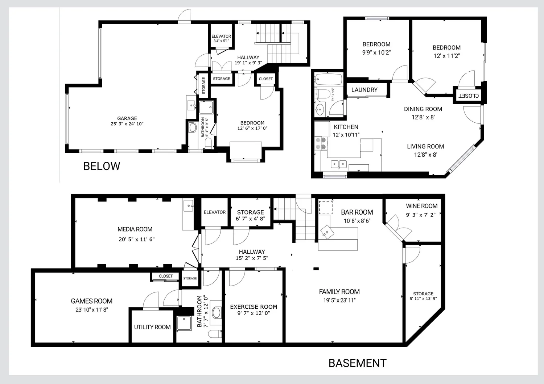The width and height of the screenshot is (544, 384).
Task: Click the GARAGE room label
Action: pos(127,118)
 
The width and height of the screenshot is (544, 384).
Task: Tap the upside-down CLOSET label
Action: pos(469,96)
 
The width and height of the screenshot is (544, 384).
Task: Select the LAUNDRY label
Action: pos(364,90)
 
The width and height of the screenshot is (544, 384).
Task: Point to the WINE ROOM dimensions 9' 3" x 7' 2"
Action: pos(421,215)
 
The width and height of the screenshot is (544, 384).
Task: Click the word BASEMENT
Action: pos(358,363)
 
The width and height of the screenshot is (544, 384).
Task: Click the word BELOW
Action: pos(102,166)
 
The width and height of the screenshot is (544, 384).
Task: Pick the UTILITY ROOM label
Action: pos(152,327)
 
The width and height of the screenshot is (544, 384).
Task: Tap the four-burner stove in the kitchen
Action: pos(321,144)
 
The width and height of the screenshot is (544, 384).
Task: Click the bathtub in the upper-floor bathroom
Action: pos(328,79)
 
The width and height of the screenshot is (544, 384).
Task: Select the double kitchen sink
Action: pos(339,164)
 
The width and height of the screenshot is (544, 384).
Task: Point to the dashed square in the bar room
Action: pos(326,207)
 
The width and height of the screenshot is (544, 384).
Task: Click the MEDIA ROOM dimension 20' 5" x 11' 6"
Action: pos(136,239)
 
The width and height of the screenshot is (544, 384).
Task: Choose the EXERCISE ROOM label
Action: pos(254,307)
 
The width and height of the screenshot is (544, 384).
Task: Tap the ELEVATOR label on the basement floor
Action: pos(215,212)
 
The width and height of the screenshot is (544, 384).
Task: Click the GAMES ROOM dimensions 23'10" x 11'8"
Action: pos(91,309)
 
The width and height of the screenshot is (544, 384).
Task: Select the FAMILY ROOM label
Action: pos(339,292)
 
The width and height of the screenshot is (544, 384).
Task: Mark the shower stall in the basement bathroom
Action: pos(184,323)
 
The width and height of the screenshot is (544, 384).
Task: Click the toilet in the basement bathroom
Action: pos(215,334)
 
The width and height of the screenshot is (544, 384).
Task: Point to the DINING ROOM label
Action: pos(423,109)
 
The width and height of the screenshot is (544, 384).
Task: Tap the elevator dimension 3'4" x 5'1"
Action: pos(221,41)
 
